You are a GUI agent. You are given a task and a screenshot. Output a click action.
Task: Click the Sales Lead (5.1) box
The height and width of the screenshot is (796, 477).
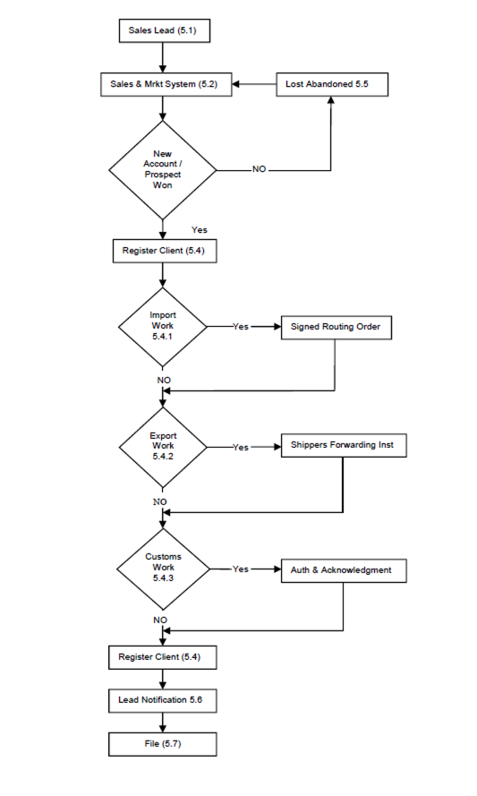tap(162, 30)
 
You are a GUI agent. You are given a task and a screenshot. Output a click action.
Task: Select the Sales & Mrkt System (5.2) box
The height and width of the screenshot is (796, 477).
tap(162, 85)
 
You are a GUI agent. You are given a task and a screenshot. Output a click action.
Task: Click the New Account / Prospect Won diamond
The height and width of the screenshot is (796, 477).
tap(162, 168)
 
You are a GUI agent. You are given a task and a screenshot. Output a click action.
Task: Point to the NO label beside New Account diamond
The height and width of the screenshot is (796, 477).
tap(260, 168)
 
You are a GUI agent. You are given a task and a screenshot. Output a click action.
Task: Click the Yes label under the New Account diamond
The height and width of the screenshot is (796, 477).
tap(200, 230)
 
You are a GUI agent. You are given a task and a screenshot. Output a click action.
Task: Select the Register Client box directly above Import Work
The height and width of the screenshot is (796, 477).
tap(163, 251)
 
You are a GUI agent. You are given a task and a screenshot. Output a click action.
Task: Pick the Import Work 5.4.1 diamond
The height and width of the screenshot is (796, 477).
tap(162, 327)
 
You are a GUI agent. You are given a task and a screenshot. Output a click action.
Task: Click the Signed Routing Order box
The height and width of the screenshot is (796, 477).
tap(336, 327)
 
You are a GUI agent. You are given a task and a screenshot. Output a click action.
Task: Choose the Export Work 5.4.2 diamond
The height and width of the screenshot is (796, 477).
tap(162, 446)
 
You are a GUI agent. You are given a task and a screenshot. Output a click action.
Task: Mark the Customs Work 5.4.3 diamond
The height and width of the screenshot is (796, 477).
tap(162, 568)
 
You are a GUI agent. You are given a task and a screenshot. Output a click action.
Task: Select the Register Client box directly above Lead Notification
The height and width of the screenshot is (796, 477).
tap(162, 657)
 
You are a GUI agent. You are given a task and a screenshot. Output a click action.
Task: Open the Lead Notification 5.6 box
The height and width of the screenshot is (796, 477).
tap(162, 698)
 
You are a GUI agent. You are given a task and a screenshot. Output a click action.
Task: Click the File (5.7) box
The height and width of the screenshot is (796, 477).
tap(162, 743)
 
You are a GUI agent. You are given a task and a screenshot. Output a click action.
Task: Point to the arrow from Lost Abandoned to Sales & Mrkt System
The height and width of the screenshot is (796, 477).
tap(255, 85)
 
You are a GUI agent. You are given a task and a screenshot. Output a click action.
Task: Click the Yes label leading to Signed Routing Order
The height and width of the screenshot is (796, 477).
tap(240, 327)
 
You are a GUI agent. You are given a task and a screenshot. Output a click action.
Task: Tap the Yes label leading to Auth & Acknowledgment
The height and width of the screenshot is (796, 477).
tap(240, 569)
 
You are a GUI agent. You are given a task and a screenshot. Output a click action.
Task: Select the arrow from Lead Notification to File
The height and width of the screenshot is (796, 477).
tap(162, 721)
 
